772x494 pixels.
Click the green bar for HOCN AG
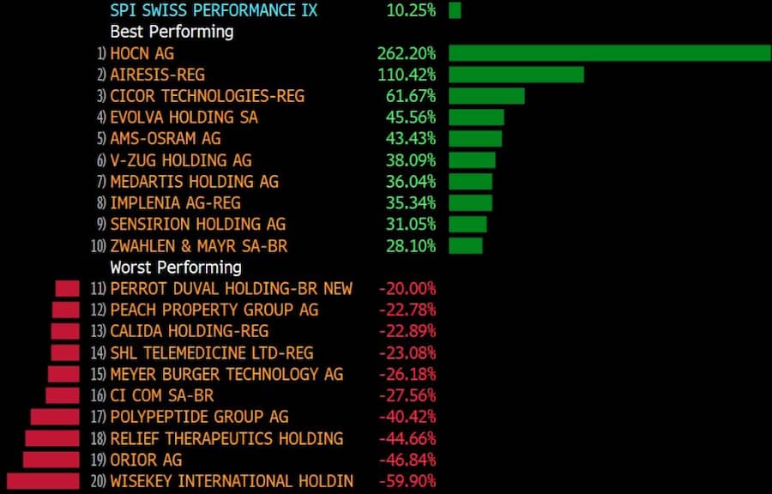pyautogui.click(x=609, y=53)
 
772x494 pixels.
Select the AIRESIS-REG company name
pyautogui.click(x=157, y=75)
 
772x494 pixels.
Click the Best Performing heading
pyautogui.click(x=172, y=32)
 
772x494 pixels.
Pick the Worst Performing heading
pyautogui.click(x=176, y=267)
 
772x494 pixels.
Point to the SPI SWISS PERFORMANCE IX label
pyautogui.click(x=214, y=10)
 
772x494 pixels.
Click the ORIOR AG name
pyautogui.click(x=146, y=460)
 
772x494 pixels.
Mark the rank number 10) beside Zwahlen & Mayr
pyautogui.click(x=98, y=246)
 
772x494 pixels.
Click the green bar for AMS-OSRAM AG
pyautogui.click(x=475, y=139)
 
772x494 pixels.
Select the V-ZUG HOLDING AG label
pyautogui.click(x=181, y=160)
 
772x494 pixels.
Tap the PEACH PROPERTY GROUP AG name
pyautogui.click(x=214, y=310)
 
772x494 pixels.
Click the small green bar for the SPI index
pyautogui.click(x=455, y=10)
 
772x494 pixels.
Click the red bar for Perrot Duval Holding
pyautogui.click(x=67, y=288)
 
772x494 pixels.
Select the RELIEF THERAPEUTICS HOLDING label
pyautogui.click(x=226, y=438)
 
